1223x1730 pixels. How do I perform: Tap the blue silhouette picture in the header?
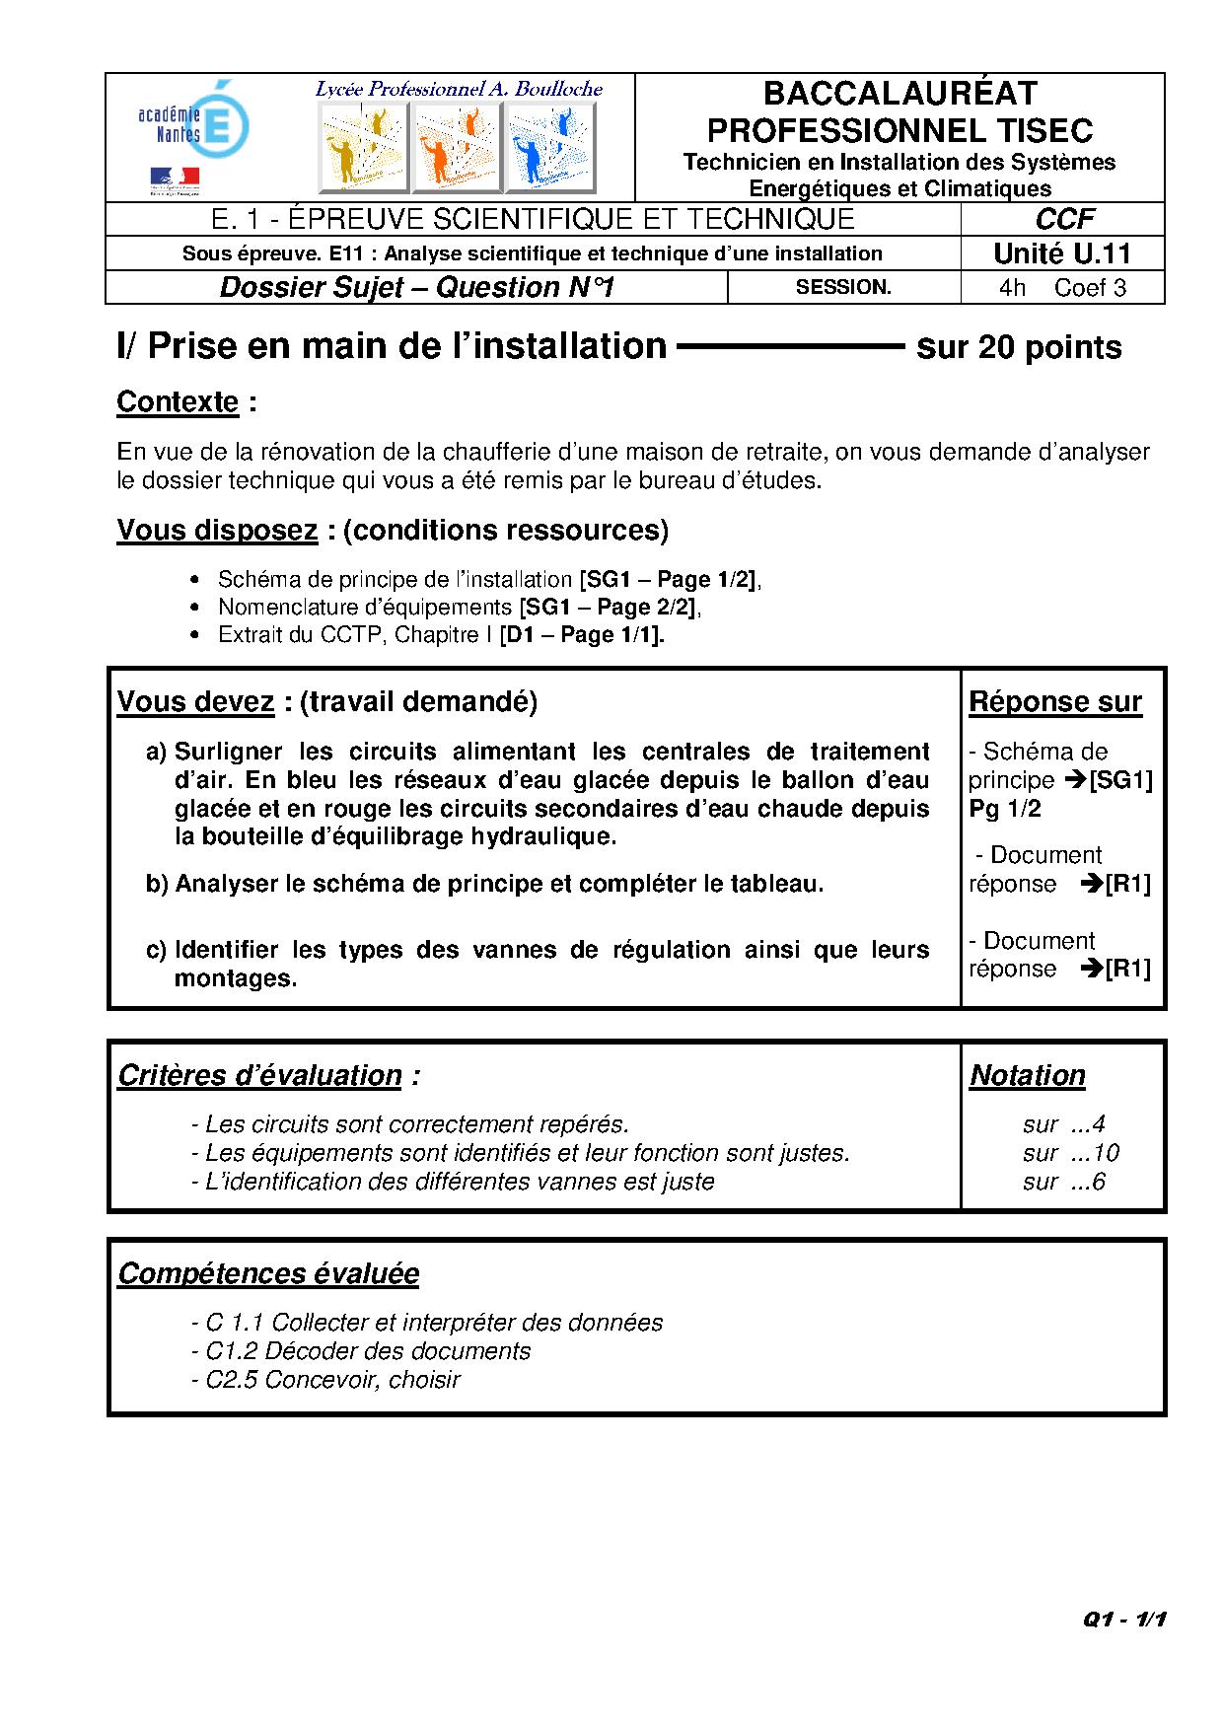[549, 147]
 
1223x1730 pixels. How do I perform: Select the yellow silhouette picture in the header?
[363, 147]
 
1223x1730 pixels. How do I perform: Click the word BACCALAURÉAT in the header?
[899, 94]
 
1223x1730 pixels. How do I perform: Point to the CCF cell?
[1063, 219]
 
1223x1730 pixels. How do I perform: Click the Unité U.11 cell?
[1062, 253]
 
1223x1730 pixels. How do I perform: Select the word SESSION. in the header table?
[843, 287]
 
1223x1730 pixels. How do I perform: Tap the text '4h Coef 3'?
[1062, 288]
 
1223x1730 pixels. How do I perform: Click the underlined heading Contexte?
[178, 402]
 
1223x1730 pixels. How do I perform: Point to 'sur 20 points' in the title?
[1019, 347]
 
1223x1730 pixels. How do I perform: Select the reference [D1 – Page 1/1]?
[582, 635]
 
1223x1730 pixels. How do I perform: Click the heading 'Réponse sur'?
[1055, 702]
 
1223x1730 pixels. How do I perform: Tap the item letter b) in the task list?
[158, 884]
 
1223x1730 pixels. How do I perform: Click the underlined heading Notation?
[1028, 1075]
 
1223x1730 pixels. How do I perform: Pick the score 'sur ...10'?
[1070, 1153]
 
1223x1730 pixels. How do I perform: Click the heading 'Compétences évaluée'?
[268, 1273]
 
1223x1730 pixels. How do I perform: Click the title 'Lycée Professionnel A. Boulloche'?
[459, 89]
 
